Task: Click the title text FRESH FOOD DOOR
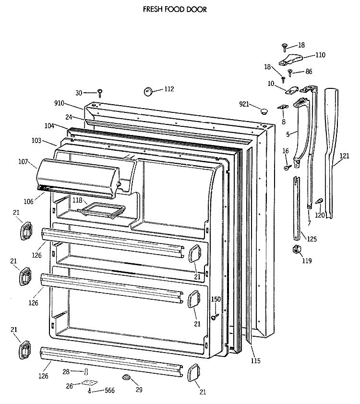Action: click(x=175, y=9)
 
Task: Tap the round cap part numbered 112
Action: click(x=147, y=91)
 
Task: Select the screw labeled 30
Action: click(x=100, y=91)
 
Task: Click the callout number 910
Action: click(x=59, y=103)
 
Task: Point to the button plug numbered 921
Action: click(x=263, y=111)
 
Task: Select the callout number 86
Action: click(x=309, y=72)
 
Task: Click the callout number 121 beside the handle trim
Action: click(x=344, y=156)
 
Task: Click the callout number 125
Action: click(x=312, y=239)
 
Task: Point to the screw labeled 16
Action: click(x=287, y=167)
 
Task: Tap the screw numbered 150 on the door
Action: click(x=215, y=316)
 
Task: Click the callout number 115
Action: click(x=255, y=360)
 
